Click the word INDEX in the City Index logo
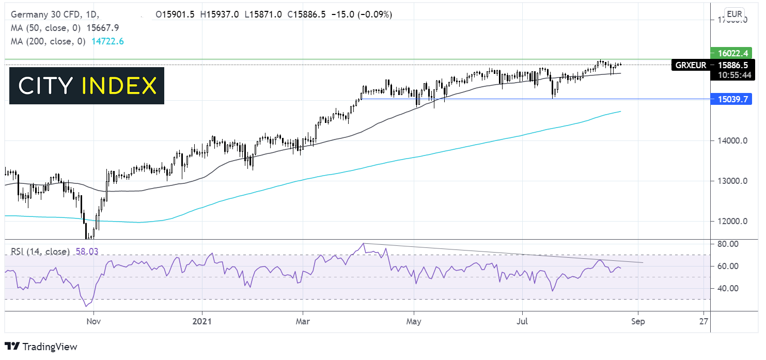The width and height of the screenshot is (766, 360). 119,86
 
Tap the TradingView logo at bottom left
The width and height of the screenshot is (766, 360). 41,347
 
